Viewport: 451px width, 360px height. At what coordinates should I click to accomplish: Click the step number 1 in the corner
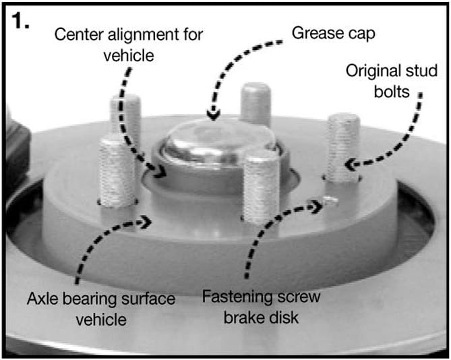click(20, 21)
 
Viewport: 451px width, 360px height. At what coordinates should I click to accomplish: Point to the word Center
click(79, 34)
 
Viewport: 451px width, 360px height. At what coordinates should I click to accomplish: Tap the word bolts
click(392, 92)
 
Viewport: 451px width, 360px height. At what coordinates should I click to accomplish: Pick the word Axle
click(42, 299)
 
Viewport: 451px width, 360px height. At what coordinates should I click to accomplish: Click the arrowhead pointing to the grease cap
click(213, 115)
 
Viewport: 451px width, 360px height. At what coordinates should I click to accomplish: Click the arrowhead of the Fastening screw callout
click(318, 206)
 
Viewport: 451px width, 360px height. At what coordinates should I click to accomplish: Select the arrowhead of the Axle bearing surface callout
click(146, 221)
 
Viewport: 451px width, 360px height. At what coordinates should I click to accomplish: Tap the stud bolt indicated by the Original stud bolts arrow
click(343, 148)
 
